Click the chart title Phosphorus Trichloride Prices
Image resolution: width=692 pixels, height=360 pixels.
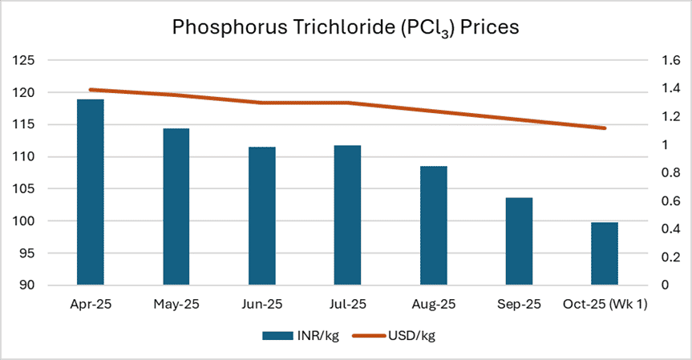(x=346, y=27)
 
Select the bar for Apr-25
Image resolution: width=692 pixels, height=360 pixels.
(x=90, y=192)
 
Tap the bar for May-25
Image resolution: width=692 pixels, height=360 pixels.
(x=176, y=206)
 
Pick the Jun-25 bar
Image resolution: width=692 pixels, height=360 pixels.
(x=261, y=216)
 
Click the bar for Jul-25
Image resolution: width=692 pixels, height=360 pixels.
(x=347, y=215)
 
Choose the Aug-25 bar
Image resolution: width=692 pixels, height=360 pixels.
(x=433, y=225)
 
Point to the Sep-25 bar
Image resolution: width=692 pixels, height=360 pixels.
(x=519, y=241)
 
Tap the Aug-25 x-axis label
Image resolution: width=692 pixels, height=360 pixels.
(x=433, y=305)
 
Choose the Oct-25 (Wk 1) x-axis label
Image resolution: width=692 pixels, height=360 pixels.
(x=605, y=305)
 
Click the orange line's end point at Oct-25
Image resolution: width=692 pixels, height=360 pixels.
(x=605, y=128)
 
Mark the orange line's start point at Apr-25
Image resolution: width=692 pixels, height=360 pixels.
(x=90, y=90)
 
